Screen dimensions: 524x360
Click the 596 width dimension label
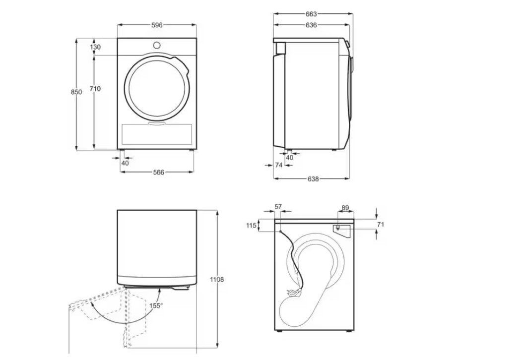(157, 25)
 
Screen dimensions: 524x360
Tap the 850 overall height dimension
(76, 92)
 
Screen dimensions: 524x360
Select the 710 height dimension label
(95, 89)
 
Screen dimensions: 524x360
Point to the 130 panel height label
(95, 47)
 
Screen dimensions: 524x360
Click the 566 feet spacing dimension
(158, 173)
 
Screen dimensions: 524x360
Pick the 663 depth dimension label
(311, 14)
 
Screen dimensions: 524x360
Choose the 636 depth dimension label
(311, 25)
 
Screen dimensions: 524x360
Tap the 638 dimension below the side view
(313, 179)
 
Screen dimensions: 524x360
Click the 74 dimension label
(279, 165)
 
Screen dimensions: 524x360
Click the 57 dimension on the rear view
(278, 207)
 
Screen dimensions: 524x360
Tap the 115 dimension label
(251, 226)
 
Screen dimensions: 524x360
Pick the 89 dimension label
(345, 208)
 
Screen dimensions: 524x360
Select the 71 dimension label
(380, 225)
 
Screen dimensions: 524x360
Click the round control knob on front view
(157, 45)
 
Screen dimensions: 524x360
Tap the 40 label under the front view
(125, 163)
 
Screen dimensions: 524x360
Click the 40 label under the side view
(289, 157)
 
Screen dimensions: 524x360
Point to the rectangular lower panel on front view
(157, 133)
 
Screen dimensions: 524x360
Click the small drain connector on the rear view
(338, 228)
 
